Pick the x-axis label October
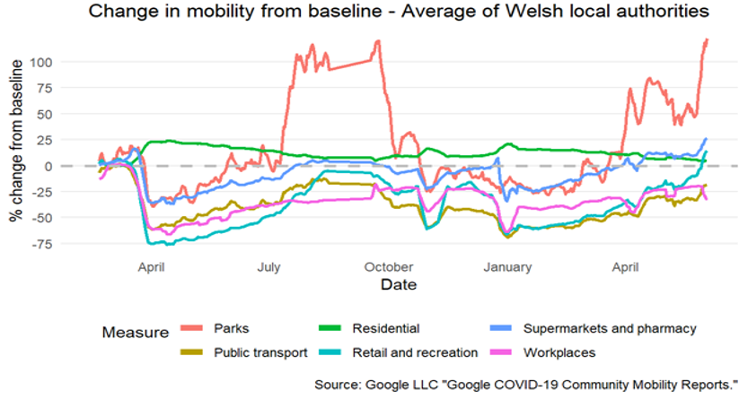[x=390, y=266]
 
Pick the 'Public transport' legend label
[x=262, y=352]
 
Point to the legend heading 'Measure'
[x=135, y=333]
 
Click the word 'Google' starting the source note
[x=389, y=384]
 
